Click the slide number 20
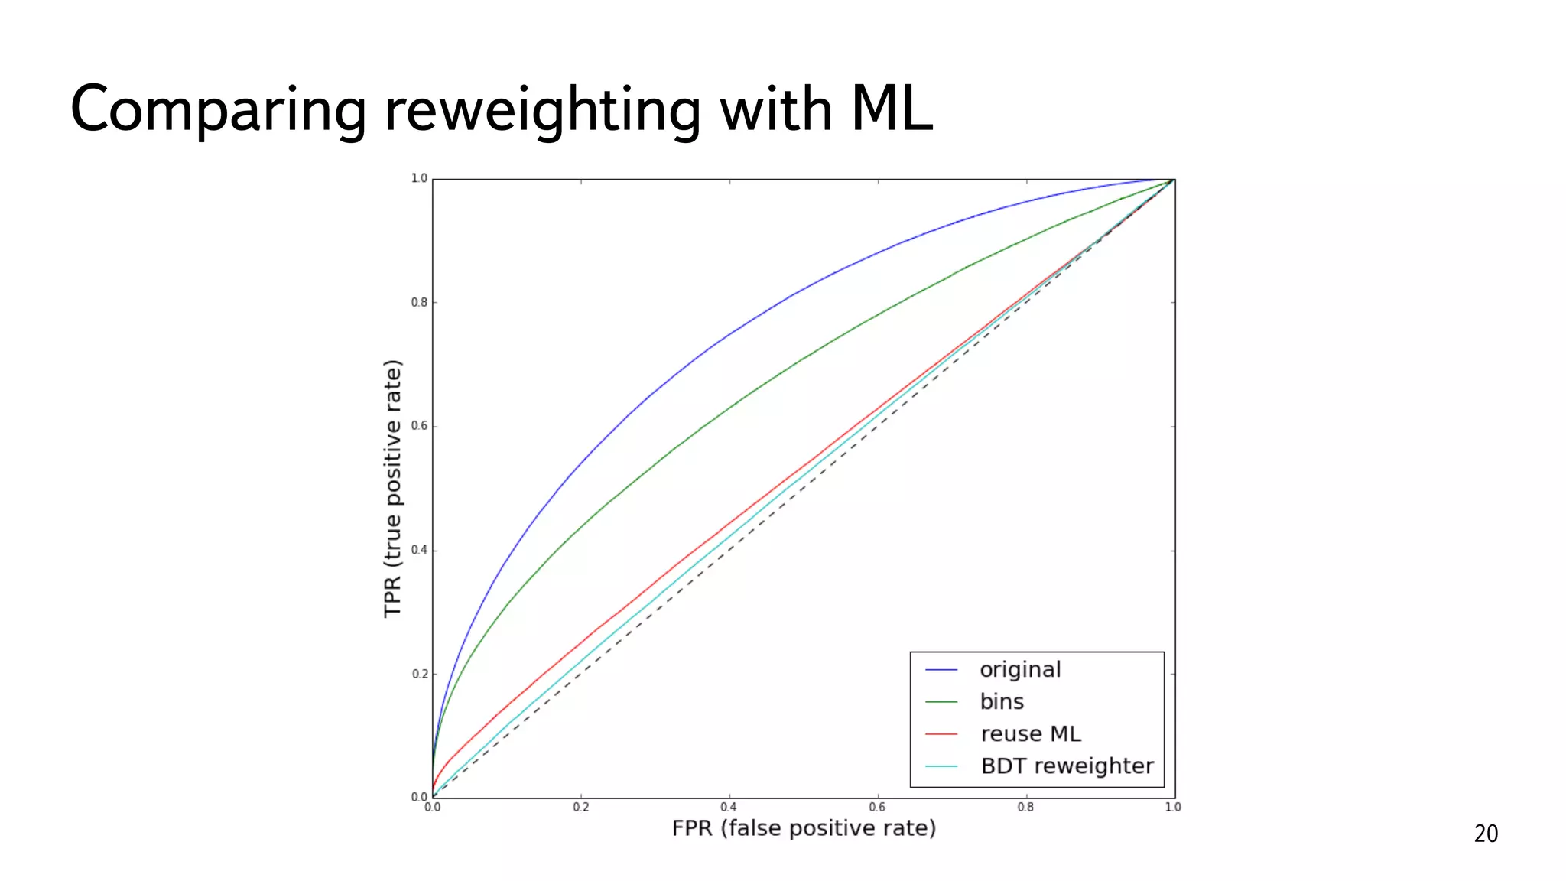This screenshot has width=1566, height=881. [x=1486, y=834]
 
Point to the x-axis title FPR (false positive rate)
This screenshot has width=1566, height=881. [x=804, y=828]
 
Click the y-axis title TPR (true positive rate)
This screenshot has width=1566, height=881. [x=392, y=488]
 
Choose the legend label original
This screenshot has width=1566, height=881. [x=1020, y=670]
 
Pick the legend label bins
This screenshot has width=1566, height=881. [x=1002, y=702]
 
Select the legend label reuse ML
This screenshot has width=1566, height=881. [x=1031, y=734]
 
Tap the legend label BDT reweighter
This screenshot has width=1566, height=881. [x=1067, y=766]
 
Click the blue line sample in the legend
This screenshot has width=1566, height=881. [x=941, y=670]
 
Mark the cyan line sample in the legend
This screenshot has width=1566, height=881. [x=941, y=766]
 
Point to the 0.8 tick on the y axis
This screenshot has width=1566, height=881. [x=419, y=302]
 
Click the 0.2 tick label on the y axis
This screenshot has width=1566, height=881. [x=419, y=674]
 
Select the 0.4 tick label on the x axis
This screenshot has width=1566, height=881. [x=729, y=807]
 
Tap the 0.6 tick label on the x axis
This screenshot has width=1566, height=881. [x=877, y=807]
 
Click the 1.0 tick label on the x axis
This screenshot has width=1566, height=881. [x=1173, y=807]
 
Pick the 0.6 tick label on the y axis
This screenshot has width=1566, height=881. [x=419, y=426]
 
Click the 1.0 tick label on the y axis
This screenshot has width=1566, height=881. [x=419, y=178]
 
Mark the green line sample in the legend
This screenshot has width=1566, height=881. [x=941, y=702]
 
